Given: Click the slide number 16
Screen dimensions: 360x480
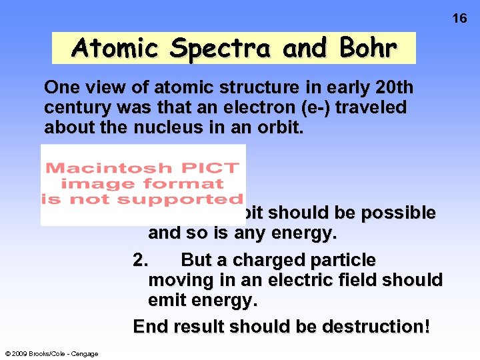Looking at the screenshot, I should tap(460, 18).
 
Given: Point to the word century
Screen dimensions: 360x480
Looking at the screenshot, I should tap(74, 107).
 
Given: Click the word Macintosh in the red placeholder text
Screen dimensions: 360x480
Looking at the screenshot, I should tap(101, 168).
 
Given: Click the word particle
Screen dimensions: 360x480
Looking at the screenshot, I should tap(343, 260).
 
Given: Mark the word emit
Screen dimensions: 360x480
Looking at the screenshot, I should tap(167, 301).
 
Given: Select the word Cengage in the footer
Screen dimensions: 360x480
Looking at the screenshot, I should tap(84, 354).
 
